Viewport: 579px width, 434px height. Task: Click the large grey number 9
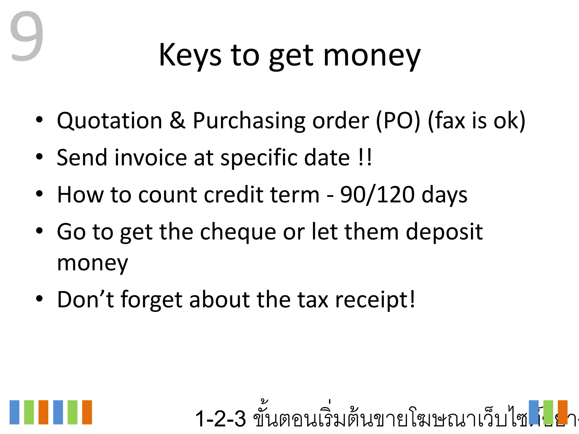[27, 36]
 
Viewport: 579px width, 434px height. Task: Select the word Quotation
[109, 121]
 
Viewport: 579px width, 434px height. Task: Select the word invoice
[151, 157]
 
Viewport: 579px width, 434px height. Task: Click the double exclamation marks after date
[365, 157]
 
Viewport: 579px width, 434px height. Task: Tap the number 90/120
[377, 195]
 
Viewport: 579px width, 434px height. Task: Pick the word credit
[234, 195]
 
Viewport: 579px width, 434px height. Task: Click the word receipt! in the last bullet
[375, 300]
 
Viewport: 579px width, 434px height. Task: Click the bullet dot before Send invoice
[39, 157]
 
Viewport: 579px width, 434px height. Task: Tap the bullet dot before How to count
[39, 194]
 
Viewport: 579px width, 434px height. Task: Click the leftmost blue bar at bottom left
[14, 412]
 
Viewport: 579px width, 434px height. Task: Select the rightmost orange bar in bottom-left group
[87, 412]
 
